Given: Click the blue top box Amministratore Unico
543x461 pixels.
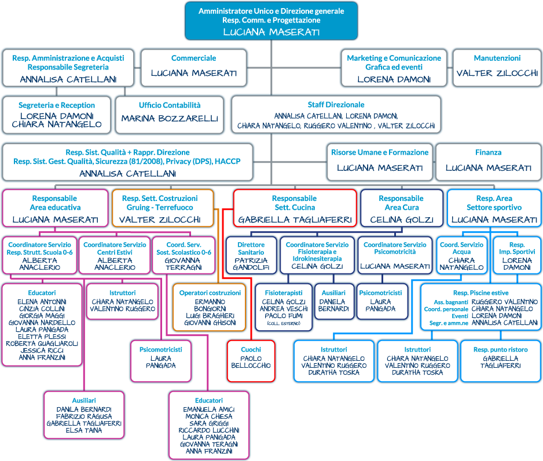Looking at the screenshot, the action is pos(271,21).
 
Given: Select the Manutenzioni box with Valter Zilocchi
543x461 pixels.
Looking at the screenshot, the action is pos(497,68).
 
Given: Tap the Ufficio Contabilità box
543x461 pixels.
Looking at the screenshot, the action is pos(170,115).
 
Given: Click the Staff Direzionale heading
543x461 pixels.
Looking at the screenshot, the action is pos(336,105).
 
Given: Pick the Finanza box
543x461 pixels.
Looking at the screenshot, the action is pos(488,162).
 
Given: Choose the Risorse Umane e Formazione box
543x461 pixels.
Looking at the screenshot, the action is pos(380,162).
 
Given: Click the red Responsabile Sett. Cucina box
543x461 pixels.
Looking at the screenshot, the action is pos(295,208).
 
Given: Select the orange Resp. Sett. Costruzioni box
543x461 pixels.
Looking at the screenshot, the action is pos(163,208).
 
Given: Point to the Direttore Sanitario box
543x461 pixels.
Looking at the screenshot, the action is pos(251,255).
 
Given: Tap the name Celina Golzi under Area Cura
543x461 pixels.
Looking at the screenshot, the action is pos(402,219).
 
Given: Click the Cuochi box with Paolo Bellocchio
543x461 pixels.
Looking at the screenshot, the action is pos(251,361).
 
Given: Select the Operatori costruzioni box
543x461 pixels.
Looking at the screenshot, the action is pos(210,307).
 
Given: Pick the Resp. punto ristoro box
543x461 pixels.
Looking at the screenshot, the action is pos(500,361).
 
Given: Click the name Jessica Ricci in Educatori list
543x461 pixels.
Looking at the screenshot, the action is pos(42,350).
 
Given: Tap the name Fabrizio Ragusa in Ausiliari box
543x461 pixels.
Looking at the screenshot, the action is pos(84,416).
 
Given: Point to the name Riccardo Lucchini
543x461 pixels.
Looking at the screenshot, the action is pos(209,430).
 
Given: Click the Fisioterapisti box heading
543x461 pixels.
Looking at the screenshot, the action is pos(284,292).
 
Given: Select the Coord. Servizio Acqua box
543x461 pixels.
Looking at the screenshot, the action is pos(461,255).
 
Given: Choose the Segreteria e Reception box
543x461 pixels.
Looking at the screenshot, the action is pos(57,115).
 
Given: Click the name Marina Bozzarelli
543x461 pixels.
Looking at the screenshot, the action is pos(170,119).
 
